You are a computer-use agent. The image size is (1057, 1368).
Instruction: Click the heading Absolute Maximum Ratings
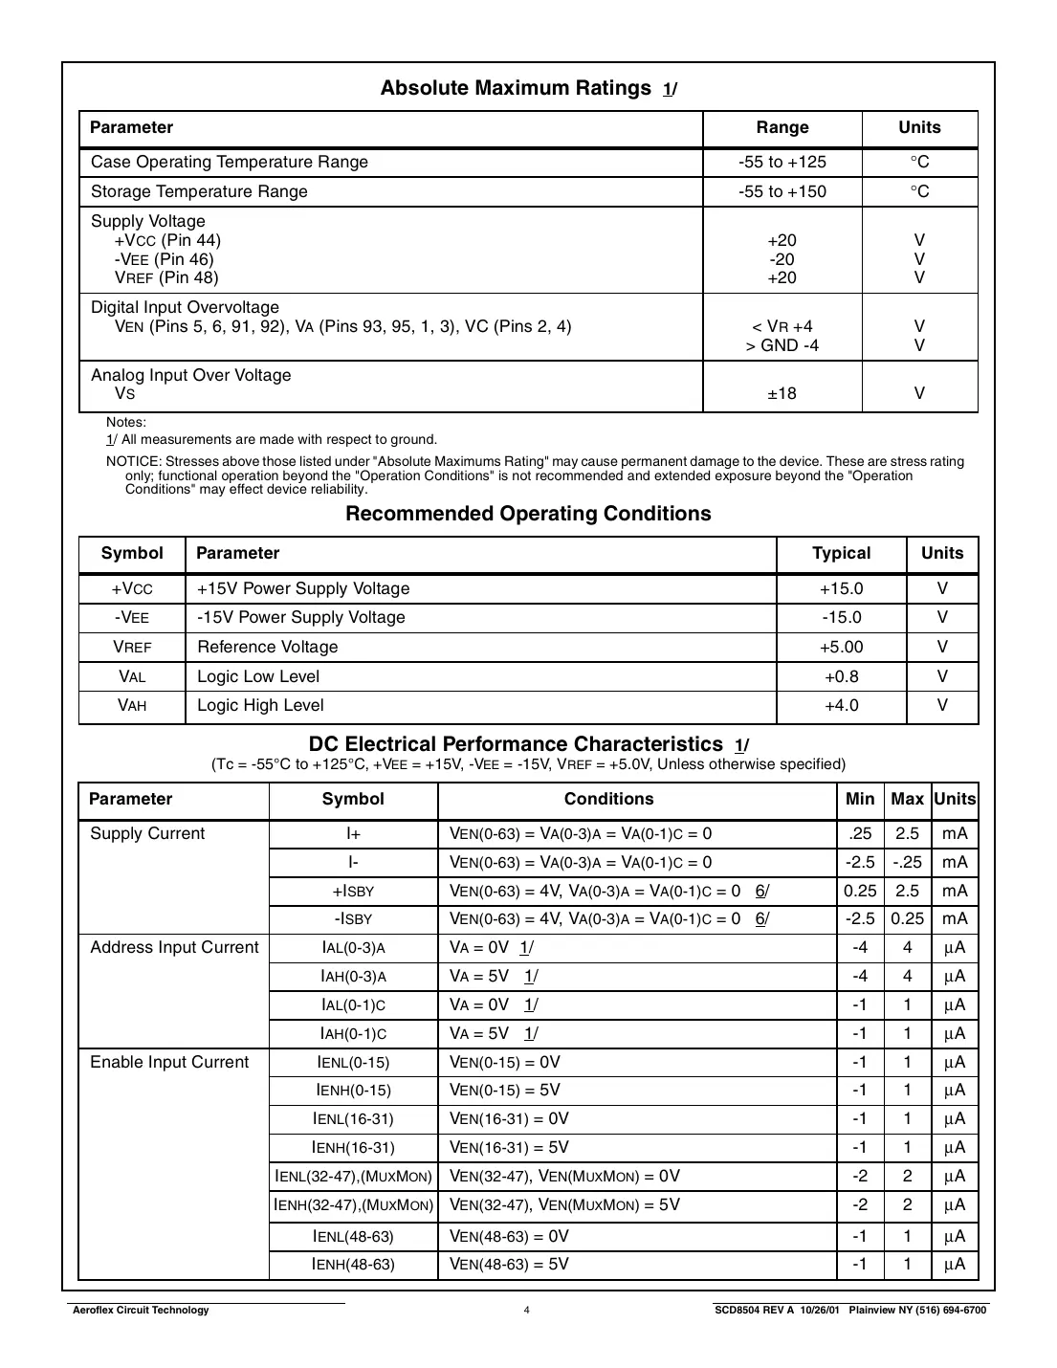pyautogui.click(x=516, y=88)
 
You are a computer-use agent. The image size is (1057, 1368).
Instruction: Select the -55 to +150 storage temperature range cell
pyautogui.click(x=782, y=191)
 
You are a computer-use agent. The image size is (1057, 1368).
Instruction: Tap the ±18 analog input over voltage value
pyautogui.click(x=782, y=393)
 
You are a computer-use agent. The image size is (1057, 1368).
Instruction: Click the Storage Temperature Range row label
pyautogui.click(x=199, y=191)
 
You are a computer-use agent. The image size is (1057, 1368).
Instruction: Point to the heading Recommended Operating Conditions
pyautogui.click(x=528, y=514)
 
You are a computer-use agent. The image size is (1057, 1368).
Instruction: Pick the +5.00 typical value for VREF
pyautogui.click(x=841, y=647)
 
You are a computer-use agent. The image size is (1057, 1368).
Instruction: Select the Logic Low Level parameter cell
pyautogui.click(x=258, y=676)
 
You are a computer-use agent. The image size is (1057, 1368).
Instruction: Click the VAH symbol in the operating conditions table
pyautogui.click(x=132, y=705)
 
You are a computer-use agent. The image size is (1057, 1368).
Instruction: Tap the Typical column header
pyautogui.click(x=841, y=553)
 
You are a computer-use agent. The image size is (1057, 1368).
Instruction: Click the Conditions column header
pyautogui.click(x=608, y=799)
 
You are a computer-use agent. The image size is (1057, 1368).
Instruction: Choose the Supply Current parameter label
pyautogui.click(x=147, y=833)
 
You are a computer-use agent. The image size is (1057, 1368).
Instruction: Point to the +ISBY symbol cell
pyautogui.click(x=353, y=891)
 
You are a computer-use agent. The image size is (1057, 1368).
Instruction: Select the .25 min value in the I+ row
pyautogui.click(x=860, y=833)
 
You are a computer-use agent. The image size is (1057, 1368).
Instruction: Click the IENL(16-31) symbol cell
pyautogui.click(x=353, y=1118)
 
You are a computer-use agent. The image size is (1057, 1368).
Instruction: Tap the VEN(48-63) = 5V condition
pyautogui.click(x=509, y=1264)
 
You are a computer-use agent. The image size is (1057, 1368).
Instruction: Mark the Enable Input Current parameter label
pyautogui.click(x=169, y=1062)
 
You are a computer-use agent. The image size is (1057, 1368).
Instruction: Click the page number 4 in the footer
pyautogui.click(x=527, y=1310)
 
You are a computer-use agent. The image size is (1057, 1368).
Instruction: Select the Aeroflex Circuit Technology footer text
pyautogui.click(x=141, y=1310)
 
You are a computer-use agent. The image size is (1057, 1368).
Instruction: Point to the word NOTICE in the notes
pyautogui.click(x=133, y=461)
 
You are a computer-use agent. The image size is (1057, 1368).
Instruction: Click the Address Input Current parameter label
pyautogui.click(x=174, y=947)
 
